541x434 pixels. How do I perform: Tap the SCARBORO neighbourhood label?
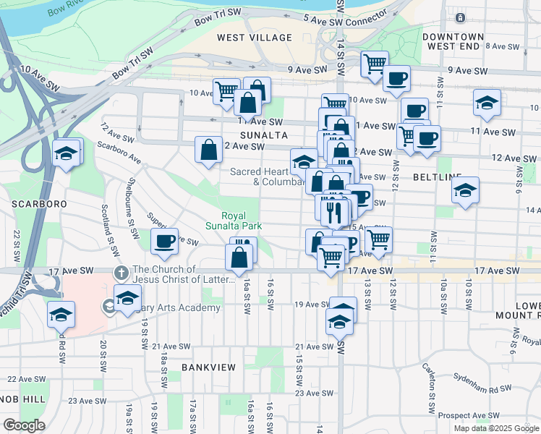[x=40, y=204]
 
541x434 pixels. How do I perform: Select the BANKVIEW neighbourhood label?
[x=209, y=367]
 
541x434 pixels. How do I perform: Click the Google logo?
[x=24, y=425]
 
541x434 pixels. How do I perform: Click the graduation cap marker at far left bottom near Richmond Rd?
[x=61, y=315]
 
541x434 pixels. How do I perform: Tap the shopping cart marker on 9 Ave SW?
[x=375, y=64]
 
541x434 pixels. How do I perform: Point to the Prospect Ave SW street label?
[x=468, y=417]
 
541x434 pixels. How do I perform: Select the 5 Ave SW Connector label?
[x=336, y=18]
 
